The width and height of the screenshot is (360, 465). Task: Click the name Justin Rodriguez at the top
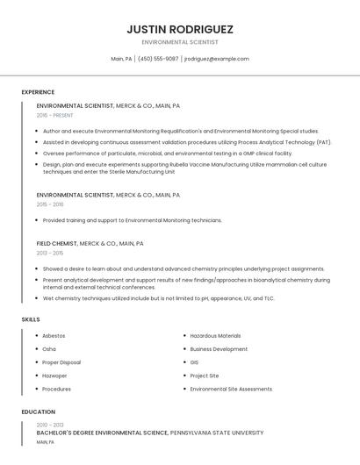point(180,29)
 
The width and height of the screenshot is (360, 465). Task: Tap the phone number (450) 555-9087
point(158,59)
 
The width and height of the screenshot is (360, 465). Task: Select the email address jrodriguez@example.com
point(217,59)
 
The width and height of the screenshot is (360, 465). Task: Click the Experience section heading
point(38,92)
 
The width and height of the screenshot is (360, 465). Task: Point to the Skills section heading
point(31,319)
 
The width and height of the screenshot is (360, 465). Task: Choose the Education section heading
point(38,411)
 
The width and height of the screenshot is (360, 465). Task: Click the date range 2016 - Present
point(55,115)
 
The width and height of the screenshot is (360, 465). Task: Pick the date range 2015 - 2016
point(51,204)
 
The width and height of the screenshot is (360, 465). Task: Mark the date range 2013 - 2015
point(51,253)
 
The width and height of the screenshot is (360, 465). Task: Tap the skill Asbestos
point(54,336)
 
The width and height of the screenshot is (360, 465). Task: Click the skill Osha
point(49,349)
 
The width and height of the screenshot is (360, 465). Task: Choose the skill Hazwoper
point(54,376)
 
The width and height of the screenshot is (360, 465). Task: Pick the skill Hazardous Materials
point(215,336)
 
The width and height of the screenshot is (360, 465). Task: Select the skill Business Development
point(219,349)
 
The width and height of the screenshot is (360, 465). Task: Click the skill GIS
point(194,362)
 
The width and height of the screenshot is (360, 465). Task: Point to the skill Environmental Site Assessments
point(231,389)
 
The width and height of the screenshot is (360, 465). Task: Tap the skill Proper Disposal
point(61,362)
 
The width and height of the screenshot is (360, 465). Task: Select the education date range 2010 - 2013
point(51,425)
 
